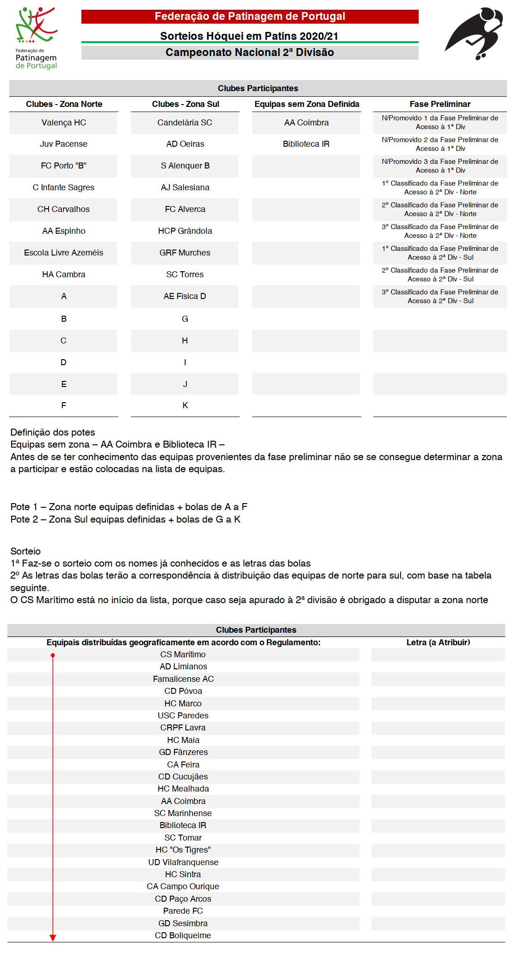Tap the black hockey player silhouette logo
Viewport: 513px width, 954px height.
tap(474, 33)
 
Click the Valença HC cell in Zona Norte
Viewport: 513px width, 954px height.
tap(63, 123)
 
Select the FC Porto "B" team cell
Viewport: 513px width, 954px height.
tap(63, 166)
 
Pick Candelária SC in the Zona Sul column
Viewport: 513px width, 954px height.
tap(185, 123)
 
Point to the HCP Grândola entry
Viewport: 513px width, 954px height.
tap(185, 231)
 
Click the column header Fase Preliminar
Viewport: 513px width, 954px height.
tap(439, 104)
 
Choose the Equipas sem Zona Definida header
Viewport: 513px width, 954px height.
tap(307, 104)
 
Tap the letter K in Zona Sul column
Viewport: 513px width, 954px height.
tap(185, 405)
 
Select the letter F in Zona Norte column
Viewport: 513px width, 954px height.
tap(63, 405)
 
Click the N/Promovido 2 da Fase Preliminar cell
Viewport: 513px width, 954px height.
tap(439, 144)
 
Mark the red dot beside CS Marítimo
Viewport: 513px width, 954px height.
tap(53, 655)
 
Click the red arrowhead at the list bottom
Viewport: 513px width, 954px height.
tap(53, 938)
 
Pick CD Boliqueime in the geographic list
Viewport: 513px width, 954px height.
tap(183, 935)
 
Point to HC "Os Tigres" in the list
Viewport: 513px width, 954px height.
tap(183, 850)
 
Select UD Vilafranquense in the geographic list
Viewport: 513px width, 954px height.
tap(183, 862)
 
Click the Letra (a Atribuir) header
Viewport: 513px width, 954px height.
tap(438, 642)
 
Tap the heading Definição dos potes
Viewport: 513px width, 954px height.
tap(53, 432)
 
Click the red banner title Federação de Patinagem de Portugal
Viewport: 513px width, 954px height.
tap(250, 17)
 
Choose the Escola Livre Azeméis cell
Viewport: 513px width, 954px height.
tap(63, 253)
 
